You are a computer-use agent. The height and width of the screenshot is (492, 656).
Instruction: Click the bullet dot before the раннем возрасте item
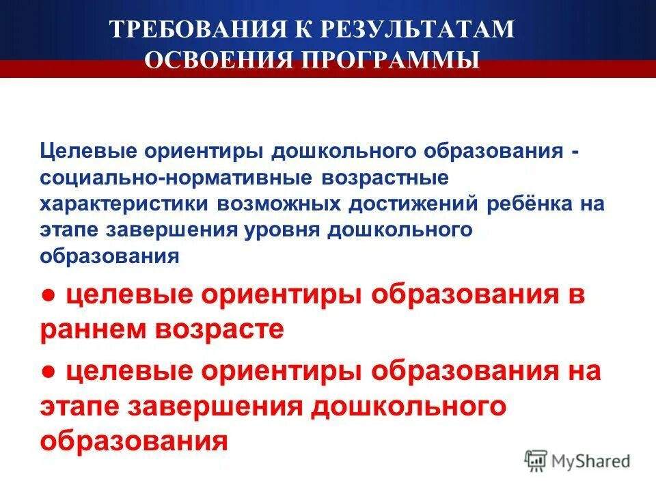[47, 297]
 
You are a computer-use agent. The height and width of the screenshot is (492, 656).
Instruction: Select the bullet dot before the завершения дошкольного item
[47, 372]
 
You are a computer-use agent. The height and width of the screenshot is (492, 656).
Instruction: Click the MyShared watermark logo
[577, 461]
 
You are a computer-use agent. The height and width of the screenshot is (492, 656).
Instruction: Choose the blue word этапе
[68, 230]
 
